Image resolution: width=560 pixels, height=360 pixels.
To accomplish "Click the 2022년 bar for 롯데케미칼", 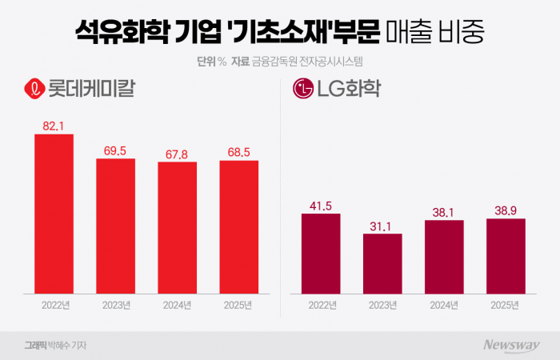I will point(54,213).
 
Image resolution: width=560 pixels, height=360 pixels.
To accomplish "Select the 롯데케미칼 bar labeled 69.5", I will point(116,226).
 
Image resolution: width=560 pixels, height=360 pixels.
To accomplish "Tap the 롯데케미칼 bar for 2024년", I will point(178,227).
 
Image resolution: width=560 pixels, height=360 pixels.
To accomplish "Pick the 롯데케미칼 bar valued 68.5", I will point(239,226).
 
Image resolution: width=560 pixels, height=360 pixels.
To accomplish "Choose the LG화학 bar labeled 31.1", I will point(382,263).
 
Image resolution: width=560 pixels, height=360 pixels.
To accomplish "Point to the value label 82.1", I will point(54,126).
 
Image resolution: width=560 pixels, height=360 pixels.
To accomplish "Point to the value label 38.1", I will point(444,212).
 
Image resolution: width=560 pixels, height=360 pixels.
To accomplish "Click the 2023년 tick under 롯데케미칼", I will point(116,305).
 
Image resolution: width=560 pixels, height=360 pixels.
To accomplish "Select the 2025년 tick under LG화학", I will point(506,305).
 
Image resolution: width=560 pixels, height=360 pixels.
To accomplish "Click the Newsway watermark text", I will point(510,345).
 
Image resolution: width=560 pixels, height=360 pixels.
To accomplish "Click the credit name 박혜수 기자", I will point(67,345).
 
